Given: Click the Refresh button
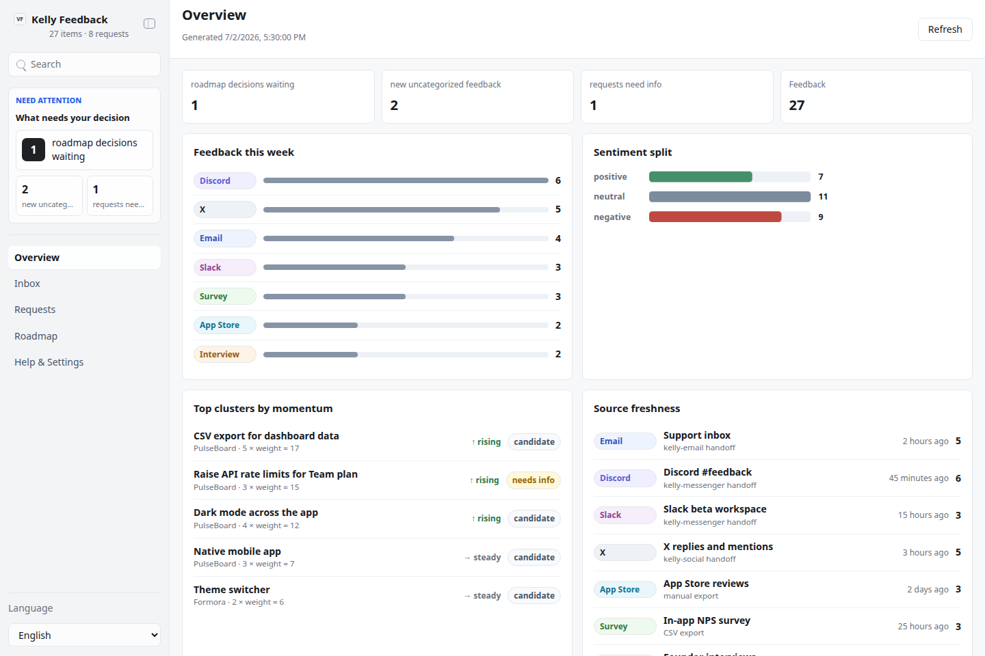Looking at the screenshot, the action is click(x=945, y=29).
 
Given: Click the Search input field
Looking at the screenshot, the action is click(x=84, y=64).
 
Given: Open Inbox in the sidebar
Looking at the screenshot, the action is click(x=27, y=284).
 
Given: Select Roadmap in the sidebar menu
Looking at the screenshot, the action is click(x=36, y=336).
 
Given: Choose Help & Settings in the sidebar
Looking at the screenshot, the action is click(x=49, y=362).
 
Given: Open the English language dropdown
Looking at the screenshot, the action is click(x=84, y=635).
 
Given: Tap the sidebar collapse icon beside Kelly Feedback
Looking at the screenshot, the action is click(x=150, y=23).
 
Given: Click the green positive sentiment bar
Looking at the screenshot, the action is click(x=700, y=176).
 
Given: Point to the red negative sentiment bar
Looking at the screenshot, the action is click(x=715, y=217).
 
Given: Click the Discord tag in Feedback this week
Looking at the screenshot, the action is click(x=224, y=180).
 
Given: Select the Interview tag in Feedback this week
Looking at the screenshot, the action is click(x=224, y=354).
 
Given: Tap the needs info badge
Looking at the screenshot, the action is click(x=534, y=480).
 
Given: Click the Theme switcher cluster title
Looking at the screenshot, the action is click(x=232, y=590).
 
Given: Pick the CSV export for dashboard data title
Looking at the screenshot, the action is click(x=267, y=436).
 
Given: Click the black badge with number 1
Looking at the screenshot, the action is click(x=34, y=150).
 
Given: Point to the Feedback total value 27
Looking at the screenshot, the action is click(x=797, y=105).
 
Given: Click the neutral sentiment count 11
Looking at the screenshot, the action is click(x=823, y=196).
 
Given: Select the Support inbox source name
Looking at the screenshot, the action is click(x=697, y=435).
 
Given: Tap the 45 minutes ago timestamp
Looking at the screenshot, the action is click(x=919, y=478).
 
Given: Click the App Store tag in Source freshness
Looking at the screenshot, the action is click(x=625, y=590).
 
